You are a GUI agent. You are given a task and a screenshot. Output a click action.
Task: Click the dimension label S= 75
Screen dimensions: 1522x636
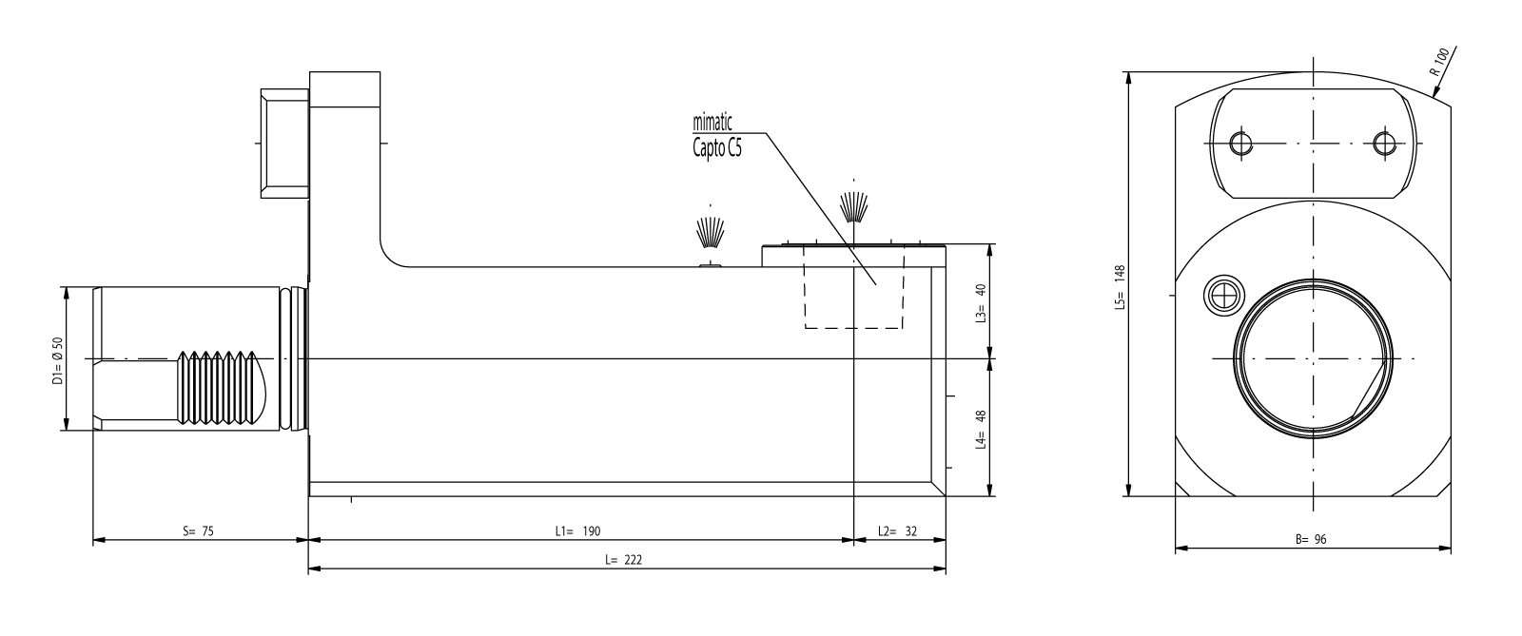click(198, 531)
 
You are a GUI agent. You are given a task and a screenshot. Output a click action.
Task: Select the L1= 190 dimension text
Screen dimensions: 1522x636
click(577, 531)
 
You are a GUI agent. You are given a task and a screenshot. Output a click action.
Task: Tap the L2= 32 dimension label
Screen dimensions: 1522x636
click(897, 531)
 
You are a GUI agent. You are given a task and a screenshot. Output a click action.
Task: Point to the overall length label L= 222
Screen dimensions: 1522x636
click(623, 560)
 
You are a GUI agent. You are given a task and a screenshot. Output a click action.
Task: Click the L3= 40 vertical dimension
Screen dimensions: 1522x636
click(981, 302)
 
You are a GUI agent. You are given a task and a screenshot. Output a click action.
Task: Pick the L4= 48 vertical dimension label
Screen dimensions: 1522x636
click(981, 429)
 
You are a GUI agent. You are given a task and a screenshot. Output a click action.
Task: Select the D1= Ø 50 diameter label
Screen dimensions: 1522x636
click(57, 361)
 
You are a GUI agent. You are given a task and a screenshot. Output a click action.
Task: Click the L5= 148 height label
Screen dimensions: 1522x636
click(1120, 288)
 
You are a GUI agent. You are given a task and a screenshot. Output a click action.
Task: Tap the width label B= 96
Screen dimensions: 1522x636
click(1311, 540)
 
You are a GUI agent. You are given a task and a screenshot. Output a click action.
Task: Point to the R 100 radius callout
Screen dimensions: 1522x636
click(1440, 61)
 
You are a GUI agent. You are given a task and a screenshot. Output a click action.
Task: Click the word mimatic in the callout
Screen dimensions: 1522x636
click(712, 123)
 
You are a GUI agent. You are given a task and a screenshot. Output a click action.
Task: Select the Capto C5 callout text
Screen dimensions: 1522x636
click(717, 148)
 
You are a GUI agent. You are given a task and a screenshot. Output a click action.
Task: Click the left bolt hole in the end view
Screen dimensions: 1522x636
click(1241, 144)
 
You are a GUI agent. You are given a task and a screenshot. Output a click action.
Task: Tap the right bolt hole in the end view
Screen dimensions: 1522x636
click(1384, 144)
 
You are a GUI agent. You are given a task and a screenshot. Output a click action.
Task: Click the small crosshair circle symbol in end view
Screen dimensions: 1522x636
click(1223, 296)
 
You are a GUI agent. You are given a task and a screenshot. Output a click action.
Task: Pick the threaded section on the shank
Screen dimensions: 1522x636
click(218, 388)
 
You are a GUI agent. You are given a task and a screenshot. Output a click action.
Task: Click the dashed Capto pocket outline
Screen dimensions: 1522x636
click(854, 287)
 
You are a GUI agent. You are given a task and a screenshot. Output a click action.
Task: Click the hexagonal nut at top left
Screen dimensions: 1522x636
click(285, 144)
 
